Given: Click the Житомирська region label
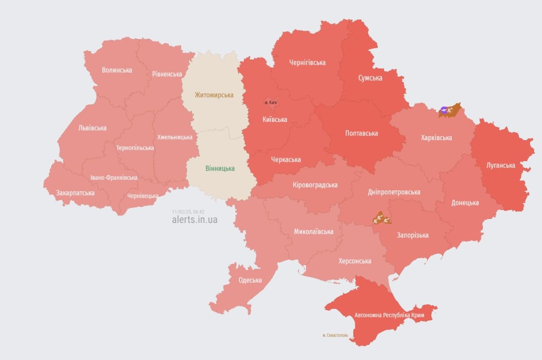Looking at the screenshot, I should pyautogui.click(x=214, y=95).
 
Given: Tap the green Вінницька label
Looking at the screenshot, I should pyautogui.click(x=220, y=169).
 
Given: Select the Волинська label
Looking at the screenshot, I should pyautogui.click(x=117, y=70).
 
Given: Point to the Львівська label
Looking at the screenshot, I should pyautogui.click(x=92, y=128).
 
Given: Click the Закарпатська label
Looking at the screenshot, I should pyautogui.click(x=75, y=192).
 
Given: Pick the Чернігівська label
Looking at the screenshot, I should pyautogui.click(x=307, y=63).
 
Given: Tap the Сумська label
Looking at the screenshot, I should pyautogui.click(x=370, y=78).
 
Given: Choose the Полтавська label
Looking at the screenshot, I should pyautogui.click(x=361, y=134).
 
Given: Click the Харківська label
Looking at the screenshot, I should pyautogui.click(x=436, y=138).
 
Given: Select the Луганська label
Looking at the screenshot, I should pyautogui.click(x=500, y=165).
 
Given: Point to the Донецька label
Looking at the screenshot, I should pyautogui.click(x=465, y=203).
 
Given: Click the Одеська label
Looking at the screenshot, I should pyautogui.click(x=250, y=280).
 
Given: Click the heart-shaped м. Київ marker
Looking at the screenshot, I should pyautogui.click(x=270, y=102).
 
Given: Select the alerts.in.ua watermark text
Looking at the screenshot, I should pyautogui.click(x=195, y=220).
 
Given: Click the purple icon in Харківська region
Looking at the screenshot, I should pyautogui.click(x=444, y=109).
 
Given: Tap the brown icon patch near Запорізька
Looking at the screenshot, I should pyautogui.click(x=381, y=218).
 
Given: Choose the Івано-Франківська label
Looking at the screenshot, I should pyautogui.click(x=114, y=178).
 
